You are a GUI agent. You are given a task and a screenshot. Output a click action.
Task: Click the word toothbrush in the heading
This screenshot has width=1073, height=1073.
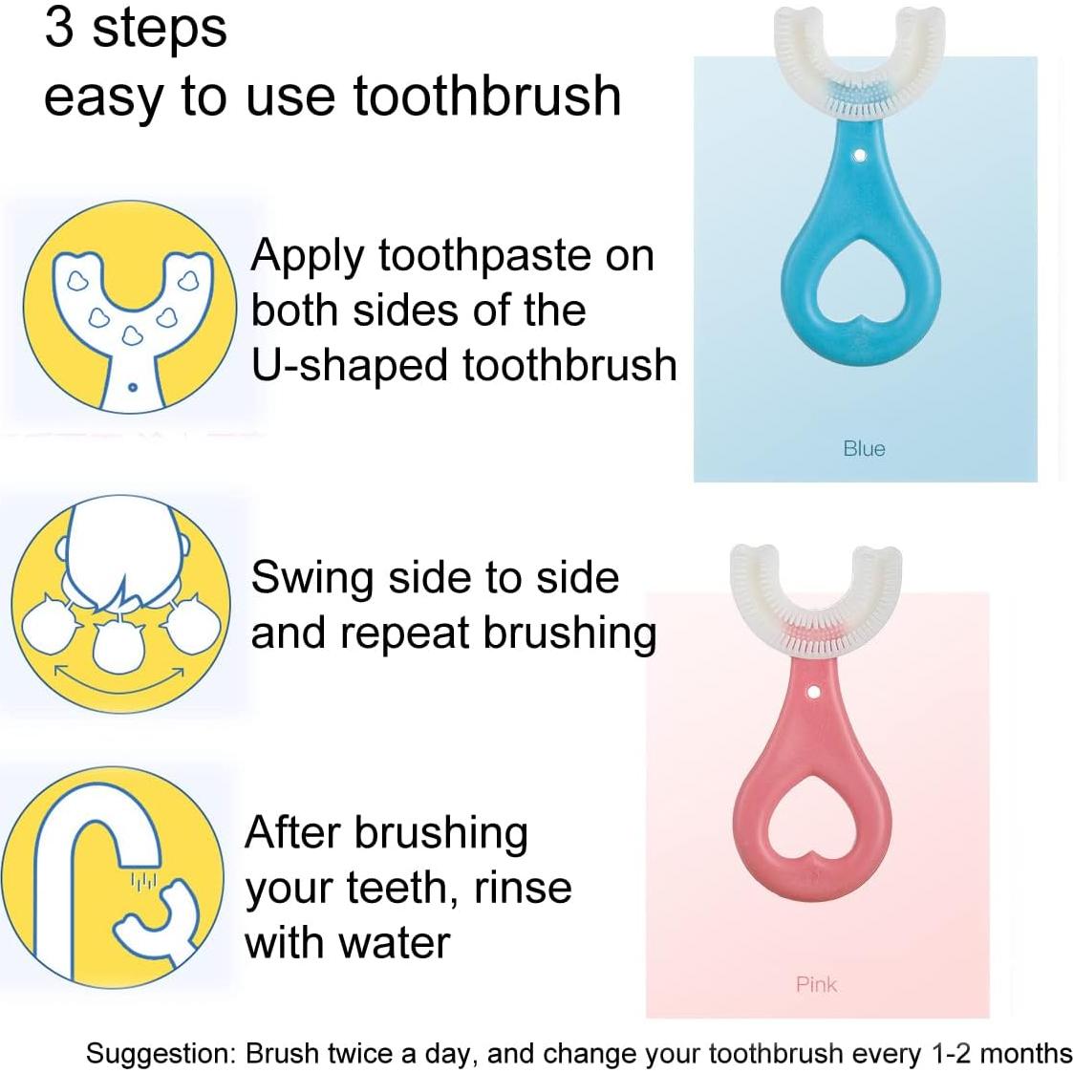(x=487, y=97)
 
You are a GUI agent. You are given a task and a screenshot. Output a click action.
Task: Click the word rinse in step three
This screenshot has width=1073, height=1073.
(x=523, y=889)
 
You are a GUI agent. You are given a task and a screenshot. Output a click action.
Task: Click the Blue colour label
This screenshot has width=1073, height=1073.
(x=864, y=448)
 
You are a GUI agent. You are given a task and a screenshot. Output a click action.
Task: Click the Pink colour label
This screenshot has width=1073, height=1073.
(x=816, y=984)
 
